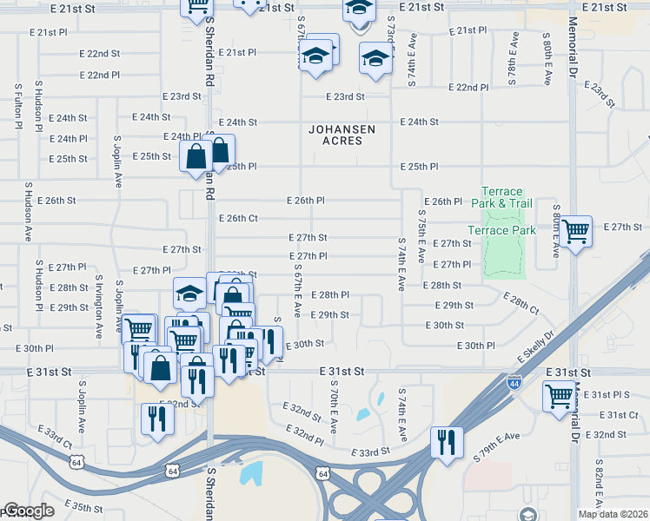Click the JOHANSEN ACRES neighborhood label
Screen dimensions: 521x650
point(342,135)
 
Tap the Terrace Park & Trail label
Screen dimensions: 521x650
point(502,197)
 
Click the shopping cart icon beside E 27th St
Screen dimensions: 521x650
point(575,231)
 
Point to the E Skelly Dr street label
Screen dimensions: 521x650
point(536,346)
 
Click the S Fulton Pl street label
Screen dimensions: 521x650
point(17,107)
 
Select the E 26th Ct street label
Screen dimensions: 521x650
point(238,218)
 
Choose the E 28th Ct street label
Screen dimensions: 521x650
point(521,304)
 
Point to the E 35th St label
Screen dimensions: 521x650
point(83,505)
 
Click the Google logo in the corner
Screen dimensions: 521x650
point(29,511)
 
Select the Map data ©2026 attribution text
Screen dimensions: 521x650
point(613,514)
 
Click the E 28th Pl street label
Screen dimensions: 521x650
point(328,295)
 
